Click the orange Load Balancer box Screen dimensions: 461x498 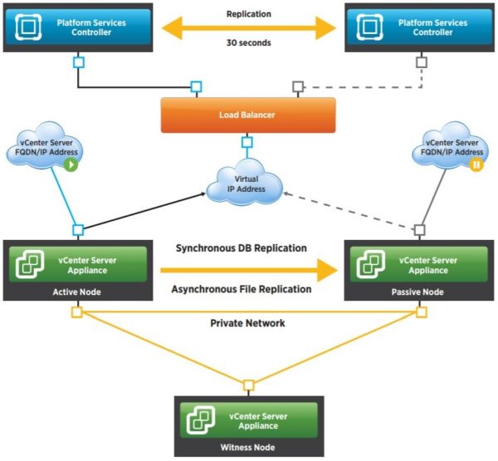[x=248, y=115]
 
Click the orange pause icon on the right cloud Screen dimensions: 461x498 [x=476, y=165]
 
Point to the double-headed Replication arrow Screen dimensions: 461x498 [x=248, y=31]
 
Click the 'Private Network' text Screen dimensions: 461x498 [x=248, y=323]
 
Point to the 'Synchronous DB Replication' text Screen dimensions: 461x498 [x=241, y=248]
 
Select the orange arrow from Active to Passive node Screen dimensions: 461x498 [x=248, y=269]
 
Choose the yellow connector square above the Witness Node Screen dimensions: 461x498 [x=248, y=385]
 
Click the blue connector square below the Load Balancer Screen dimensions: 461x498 [x=247, y=142]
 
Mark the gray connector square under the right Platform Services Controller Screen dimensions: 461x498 [x=422, y=61]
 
